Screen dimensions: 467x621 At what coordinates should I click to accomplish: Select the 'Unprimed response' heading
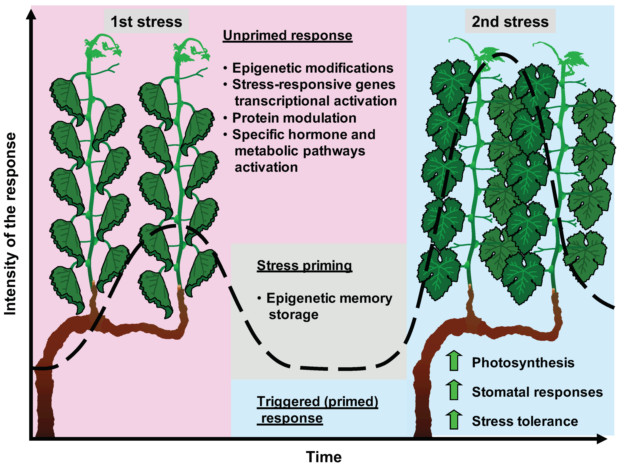point(287,35)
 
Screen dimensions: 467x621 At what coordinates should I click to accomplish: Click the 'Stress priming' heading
point(304,265)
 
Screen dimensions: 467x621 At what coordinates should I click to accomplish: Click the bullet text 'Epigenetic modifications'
point(312,68)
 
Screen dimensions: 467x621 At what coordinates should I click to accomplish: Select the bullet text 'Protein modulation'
point(294,118)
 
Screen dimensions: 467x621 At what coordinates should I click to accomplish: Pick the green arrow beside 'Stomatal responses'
point(454,390)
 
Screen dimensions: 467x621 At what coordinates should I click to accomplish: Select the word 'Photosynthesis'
point(523,362)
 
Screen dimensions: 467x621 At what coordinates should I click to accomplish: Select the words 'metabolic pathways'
point(300,151)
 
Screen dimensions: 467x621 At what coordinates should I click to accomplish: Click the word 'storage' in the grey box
point(293,314)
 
